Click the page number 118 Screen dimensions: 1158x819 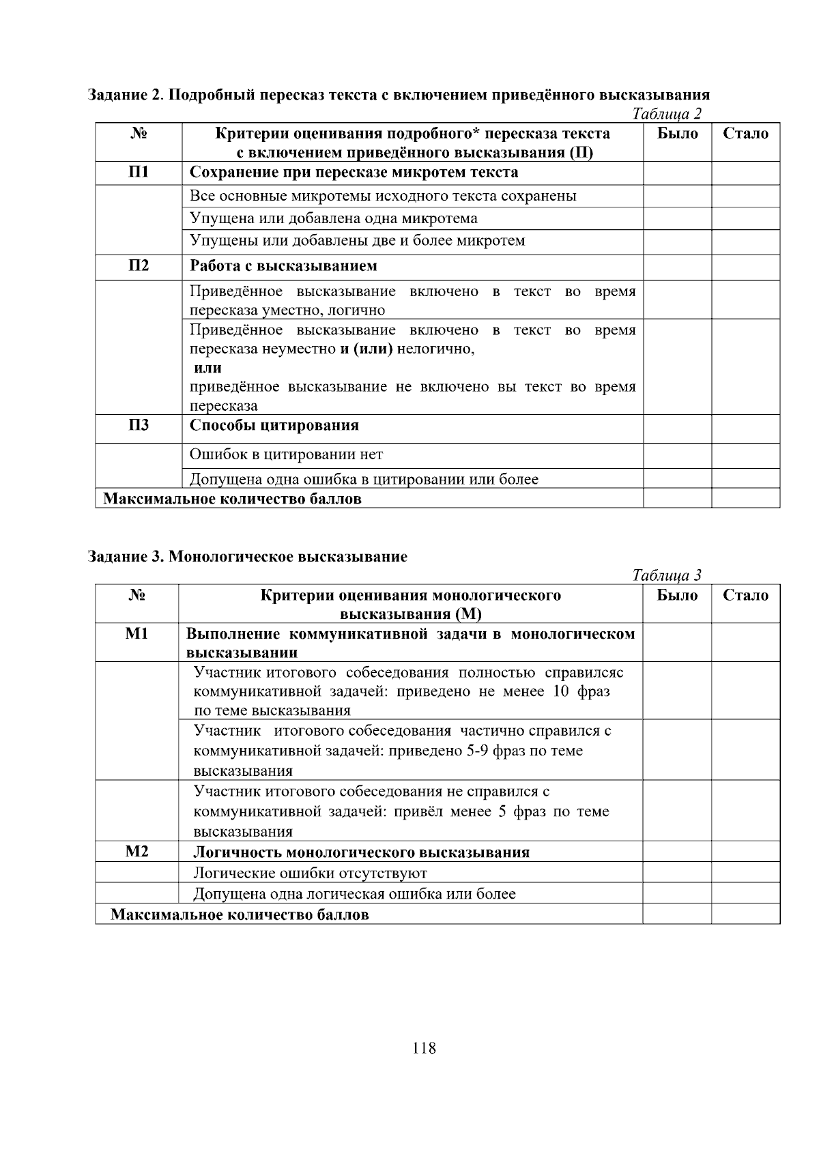coord(424,1048)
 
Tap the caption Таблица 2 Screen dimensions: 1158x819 coord(667,114)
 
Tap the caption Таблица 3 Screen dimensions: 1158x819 coord(667,575)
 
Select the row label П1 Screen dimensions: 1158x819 coord(139,172)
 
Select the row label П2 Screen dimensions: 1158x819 coord(139,265)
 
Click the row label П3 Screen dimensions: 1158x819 coord(139,425)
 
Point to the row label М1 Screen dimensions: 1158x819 coord(136,634)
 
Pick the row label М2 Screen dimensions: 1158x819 coord(136,851)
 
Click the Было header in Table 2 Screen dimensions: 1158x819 coord(677,134)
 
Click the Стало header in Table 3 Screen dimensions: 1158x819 coord(745,595)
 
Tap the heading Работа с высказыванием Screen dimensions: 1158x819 coord(283,265)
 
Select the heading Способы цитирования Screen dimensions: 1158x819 coord(274,425)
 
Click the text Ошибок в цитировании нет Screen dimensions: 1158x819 coord(286,454)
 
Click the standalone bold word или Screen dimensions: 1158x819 coord(207,368)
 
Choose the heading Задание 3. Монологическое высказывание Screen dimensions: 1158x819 coord(248,556)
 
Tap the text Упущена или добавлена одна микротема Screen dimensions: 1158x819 coord(333,218)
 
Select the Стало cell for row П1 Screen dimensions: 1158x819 coord(745,173)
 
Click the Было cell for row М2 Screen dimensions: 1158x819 coord(676,851)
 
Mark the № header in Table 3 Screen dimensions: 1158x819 coord(136,595)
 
